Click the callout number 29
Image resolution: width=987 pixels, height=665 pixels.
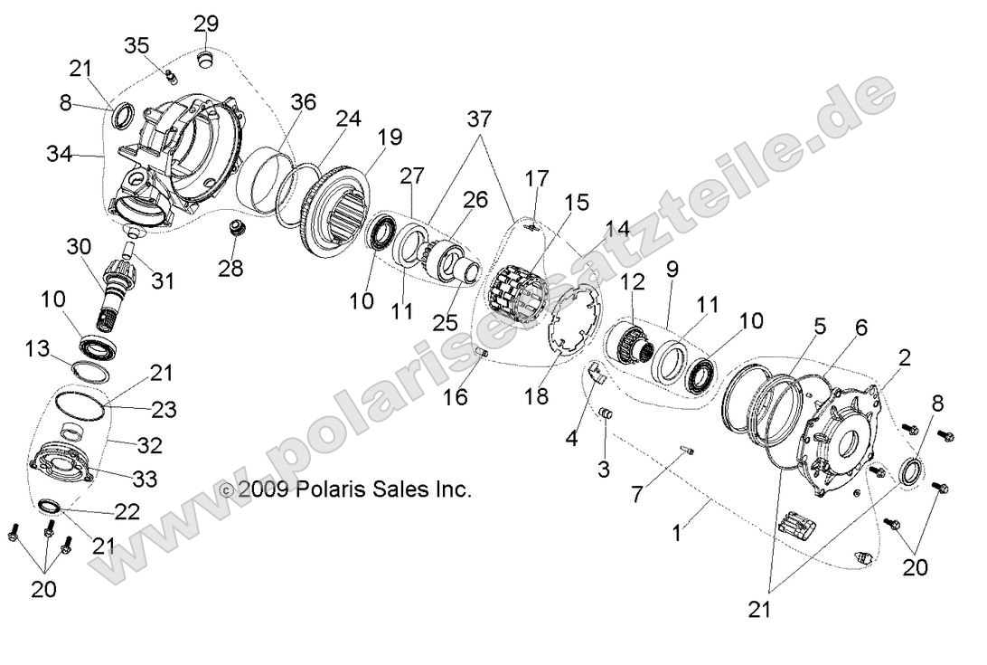point(206,23)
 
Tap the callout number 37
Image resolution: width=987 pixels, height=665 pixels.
point(480,119)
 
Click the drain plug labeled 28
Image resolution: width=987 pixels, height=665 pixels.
point(237,227)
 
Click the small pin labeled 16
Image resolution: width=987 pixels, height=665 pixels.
point(482,351)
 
